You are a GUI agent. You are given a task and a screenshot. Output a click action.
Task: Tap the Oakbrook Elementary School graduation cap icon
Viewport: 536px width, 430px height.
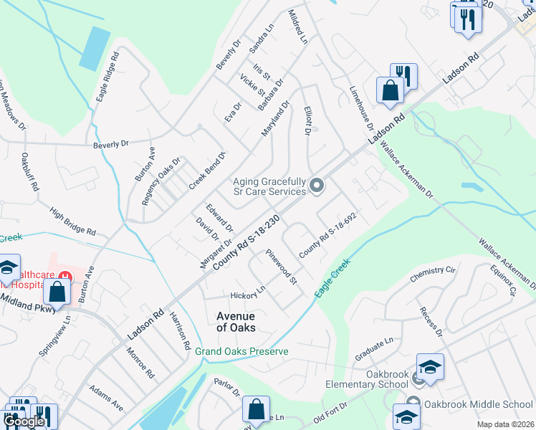[430, 367]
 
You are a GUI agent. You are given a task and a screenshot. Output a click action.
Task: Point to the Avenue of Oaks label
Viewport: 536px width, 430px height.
[236, 321]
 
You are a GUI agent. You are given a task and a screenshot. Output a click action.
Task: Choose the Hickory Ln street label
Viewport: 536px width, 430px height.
[248, 295]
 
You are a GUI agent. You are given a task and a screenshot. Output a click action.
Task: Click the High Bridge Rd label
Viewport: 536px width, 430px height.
[72, 221]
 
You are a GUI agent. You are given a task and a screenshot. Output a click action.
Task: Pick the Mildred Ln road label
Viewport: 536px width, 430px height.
[297, 25]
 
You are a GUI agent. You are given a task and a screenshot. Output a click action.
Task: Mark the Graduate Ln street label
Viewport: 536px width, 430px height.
[374, 351]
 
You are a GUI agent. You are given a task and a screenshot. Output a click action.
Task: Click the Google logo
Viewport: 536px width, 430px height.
[24, 421]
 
